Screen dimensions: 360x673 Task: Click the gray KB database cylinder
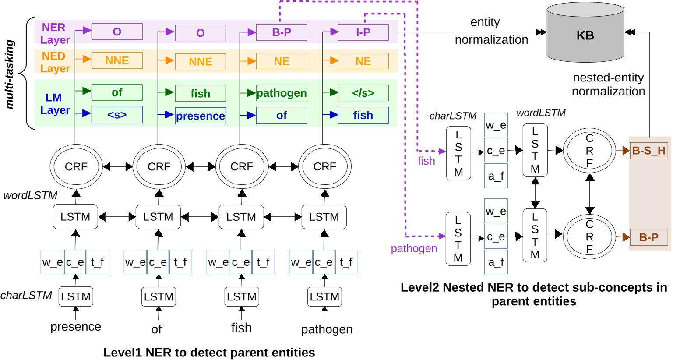tap(585, 35)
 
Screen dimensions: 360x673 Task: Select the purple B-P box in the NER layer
tap(281, 32)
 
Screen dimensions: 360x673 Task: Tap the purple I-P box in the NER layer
tap(363, 32)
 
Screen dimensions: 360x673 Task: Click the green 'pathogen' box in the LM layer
tap(281, 93)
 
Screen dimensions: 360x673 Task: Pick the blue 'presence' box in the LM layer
tap(200, 116)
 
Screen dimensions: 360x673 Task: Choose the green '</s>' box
tap(363, 93)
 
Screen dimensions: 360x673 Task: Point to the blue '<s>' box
tap(117, 115)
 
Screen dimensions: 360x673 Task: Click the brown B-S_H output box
tap(648, 151)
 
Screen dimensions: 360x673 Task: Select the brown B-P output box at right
tap(648, 237)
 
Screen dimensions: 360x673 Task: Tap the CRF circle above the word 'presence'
tap(76, 167)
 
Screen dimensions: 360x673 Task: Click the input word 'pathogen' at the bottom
tap(327, 329)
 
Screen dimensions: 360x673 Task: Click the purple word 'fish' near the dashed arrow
tap(426, 161)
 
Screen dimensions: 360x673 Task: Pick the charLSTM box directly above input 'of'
tap(159, 297)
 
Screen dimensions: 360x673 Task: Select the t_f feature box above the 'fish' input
tap(263, 262)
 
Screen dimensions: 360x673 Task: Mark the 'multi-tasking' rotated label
tap(10, 74)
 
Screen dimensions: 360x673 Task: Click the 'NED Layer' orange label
tap(55, 62)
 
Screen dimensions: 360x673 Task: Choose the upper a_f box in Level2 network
tap(496, 176)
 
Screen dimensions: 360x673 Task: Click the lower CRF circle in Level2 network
tap(589, 237)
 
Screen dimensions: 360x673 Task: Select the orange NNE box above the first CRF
tap(117, 60)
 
